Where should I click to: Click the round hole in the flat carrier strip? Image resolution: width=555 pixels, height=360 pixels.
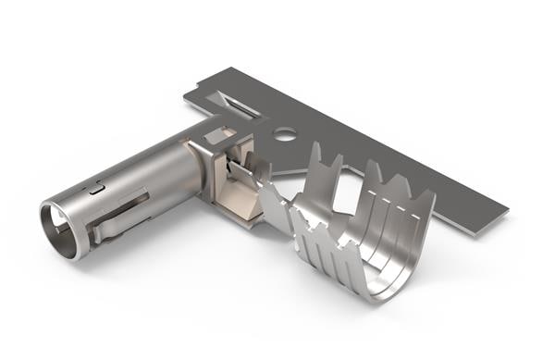pyautogui.click(x=285, y=134)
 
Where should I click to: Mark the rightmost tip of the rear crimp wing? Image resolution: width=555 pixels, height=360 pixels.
pyautogui.click(x=430, y=195)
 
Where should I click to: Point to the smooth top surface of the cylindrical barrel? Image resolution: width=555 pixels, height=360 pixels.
pyautogui.click(x=139, y=162)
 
